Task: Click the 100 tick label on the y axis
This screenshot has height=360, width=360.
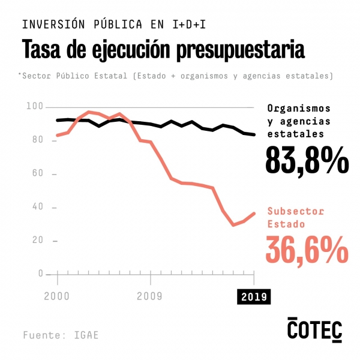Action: click(x=35, y=106)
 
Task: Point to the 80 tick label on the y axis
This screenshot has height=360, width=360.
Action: click(x=38, y=140)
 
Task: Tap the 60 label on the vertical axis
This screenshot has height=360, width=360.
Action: click(x=38, y=173)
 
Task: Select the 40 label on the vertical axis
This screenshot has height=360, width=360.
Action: click(x=38, y=207)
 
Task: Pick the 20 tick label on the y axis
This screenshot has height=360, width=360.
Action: click(x=38, y=240)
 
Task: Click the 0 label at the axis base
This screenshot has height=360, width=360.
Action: click(x=41, y=274)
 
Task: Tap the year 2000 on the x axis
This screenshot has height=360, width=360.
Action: click(x=57, y=296)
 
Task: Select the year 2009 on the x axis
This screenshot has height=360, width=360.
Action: click(x=150, y=296)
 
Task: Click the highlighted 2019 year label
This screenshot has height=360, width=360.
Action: click(x=254, y=296)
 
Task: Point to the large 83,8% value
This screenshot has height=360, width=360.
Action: click(x=307, y=160)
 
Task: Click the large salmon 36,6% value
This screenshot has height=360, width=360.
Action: click(x=307, y=248)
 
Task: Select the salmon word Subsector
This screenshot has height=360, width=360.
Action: click(x=295, y=211)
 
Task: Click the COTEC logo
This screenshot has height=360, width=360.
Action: click(x=314, y=329)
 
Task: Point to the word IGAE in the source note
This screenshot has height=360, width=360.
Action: click(x=86, y=335)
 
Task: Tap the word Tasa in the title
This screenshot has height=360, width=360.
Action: click(x=42, y=49)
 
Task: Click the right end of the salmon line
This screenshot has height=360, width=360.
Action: click(x=254, y=213)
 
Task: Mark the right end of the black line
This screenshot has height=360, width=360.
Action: click(x=254, y=134)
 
